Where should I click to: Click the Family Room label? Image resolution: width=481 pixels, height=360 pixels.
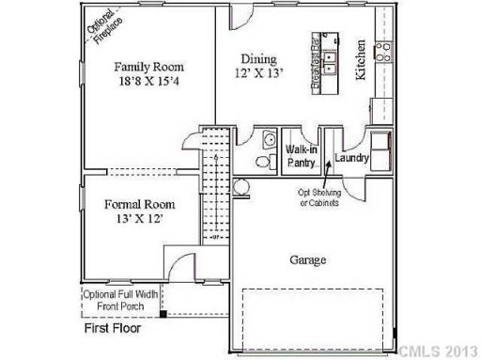(148, 68)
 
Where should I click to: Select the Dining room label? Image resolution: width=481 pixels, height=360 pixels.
(258, 57)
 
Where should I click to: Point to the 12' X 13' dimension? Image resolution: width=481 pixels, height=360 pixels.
(258, 72)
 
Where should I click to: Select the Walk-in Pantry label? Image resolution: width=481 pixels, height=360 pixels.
(303, 156)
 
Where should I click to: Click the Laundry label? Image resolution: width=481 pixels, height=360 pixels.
(351, 159)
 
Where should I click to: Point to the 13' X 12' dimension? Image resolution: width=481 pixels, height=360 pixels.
(139, 219)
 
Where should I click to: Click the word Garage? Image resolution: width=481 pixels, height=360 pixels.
(308, 258)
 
